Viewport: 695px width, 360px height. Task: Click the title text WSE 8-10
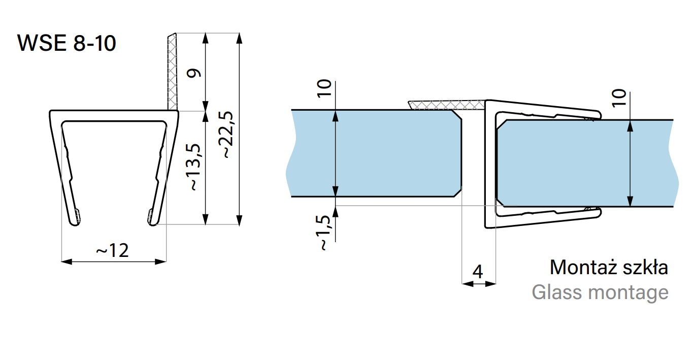(x=67, y=43)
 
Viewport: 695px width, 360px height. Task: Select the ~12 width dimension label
(x=112, y=250)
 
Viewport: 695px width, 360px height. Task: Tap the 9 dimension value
(x=194, y=73)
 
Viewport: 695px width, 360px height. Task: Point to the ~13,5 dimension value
(x=195, y=167)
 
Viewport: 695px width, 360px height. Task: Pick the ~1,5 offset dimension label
(x=323, y=233)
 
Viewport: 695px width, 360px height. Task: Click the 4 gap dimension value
(x=478, y=272)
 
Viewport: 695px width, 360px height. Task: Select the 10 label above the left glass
(x=324, y=88)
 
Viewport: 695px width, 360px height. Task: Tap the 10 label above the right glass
(x=619, y=98)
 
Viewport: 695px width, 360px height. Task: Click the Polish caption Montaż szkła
(x=609, y=267)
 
